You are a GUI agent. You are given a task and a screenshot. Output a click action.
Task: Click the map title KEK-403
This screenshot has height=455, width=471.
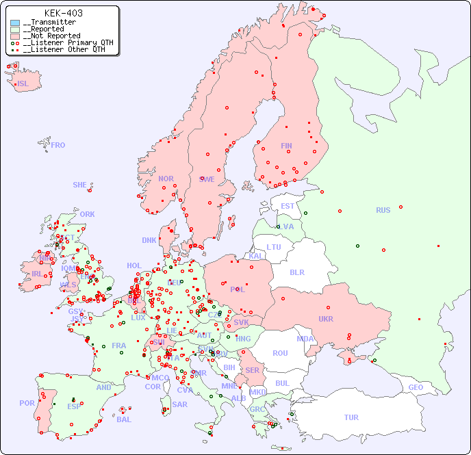point(63,13)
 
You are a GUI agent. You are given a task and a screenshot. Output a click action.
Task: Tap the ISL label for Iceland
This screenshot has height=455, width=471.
point(23,84)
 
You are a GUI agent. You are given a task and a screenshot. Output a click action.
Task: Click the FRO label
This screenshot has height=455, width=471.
point(58,145)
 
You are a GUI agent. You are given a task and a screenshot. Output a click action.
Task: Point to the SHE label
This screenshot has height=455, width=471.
point(79,185)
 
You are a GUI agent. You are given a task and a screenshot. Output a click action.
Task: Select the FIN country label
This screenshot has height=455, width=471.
point(286,146)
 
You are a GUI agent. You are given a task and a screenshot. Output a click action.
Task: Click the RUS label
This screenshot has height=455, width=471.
point(383,210)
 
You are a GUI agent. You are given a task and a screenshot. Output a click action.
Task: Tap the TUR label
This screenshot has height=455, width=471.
point(351,417)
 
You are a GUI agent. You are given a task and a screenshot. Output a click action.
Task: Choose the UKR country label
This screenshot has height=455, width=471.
point(325,319)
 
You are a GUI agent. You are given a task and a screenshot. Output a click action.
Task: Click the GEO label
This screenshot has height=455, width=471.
point(416,387)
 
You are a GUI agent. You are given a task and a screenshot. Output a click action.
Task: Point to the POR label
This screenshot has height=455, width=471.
point(27,403)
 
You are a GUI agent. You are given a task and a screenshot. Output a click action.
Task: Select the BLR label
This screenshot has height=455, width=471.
point(296,272)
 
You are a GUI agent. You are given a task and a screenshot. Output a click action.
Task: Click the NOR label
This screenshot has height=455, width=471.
point(166,179)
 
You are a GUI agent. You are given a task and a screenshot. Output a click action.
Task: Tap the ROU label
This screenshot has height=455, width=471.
point(280,353)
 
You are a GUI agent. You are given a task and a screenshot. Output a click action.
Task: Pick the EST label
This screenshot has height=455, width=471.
point(288,206)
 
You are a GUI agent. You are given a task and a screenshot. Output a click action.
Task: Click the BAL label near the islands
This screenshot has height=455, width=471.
point(123,419)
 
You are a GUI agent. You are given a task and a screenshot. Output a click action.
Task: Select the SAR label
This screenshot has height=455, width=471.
point(179,404)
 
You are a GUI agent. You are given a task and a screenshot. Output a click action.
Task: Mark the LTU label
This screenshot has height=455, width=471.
point(274,247)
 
